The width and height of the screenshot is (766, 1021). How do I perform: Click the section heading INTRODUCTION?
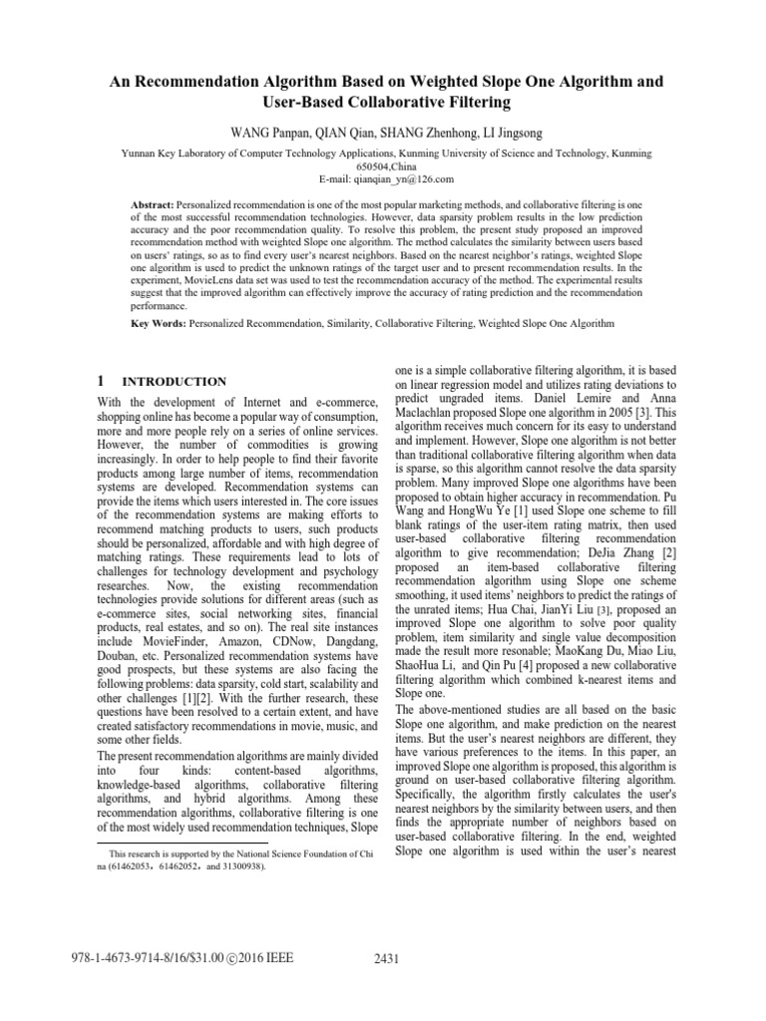point(174,382)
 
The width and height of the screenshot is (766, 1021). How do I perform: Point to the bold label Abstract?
point(153,202)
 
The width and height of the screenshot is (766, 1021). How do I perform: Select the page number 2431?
point(384,959)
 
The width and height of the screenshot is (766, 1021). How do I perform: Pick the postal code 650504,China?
point(383,167)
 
